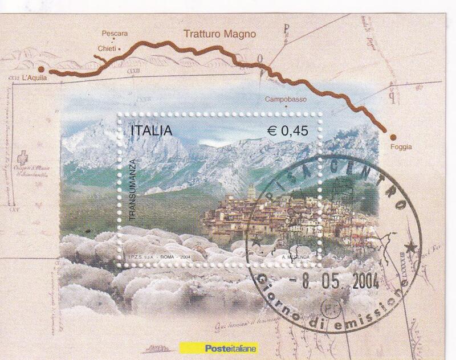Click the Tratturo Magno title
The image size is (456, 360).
click(219, 34)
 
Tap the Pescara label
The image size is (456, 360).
click(115, 33)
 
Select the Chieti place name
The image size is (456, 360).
click(107, 50)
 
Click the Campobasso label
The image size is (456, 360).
click(286, 99)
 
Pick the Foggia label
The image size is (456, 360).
click(401, 146)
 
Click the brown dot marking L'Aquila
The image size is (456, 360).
click(49, 72)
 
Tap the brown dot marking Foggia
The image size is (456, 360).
click(392, 136)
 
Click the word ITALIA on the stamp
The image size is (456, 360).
click(152, 130)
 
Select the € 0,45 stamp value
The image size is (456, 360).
click(288, 130)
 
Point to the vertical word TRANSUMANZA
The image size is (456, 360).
click(131, 191)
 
